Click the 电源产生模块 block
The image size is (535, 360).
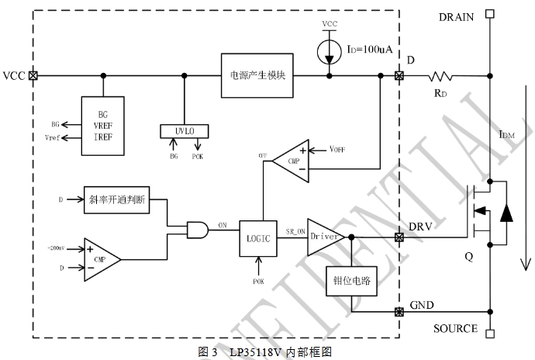tap(257, 75)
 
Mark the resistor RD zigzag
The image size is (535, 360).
tap(443, 76)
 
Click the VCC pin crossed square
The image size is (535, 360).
tap(33, 76)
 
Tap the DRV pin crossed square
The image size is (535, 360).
tap(399, 236)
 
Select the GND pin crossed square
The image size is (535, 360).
tap(399, 313)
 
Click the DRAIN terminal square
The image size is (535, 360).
tap(489, 13)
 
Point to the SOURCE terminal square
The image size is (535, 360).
tap(489, 335)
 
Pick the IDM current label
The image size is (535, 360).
tap(506, 137)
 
